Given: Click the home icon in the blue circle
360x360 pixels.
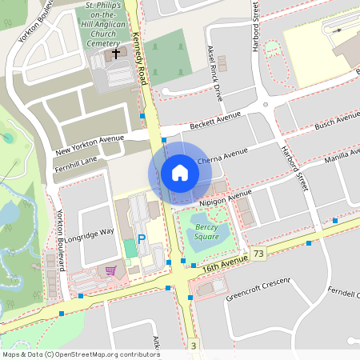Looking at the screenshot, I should pos(179,172).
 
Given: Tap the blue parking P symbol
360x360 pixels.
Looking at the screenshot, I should pos(142,238).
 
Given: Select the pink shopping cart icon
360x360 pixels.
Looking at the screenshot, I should pos(110,270).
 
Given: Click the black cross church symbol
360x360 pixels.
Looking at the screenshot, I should pos(117,54).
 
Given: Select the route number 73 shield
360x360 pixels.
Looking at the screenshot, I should pos(258,254).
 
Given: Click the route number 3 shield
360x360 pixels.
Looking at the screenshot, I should pos(194,345).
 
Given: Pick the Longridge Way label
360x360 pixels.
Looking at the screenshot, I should pos(95,232).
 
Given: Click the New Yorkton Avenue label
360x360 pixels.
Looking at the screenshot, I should pos(90,144).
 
